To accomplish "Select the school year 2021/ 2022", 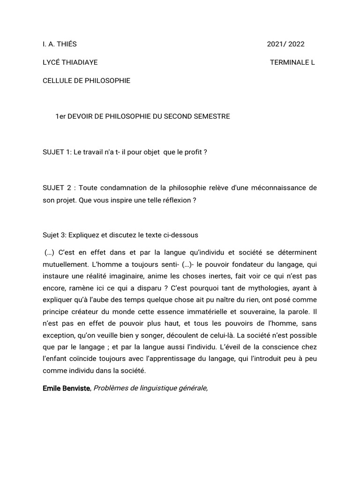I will point(285,45).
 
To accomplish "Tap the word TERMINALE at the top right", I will point(286,62).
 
